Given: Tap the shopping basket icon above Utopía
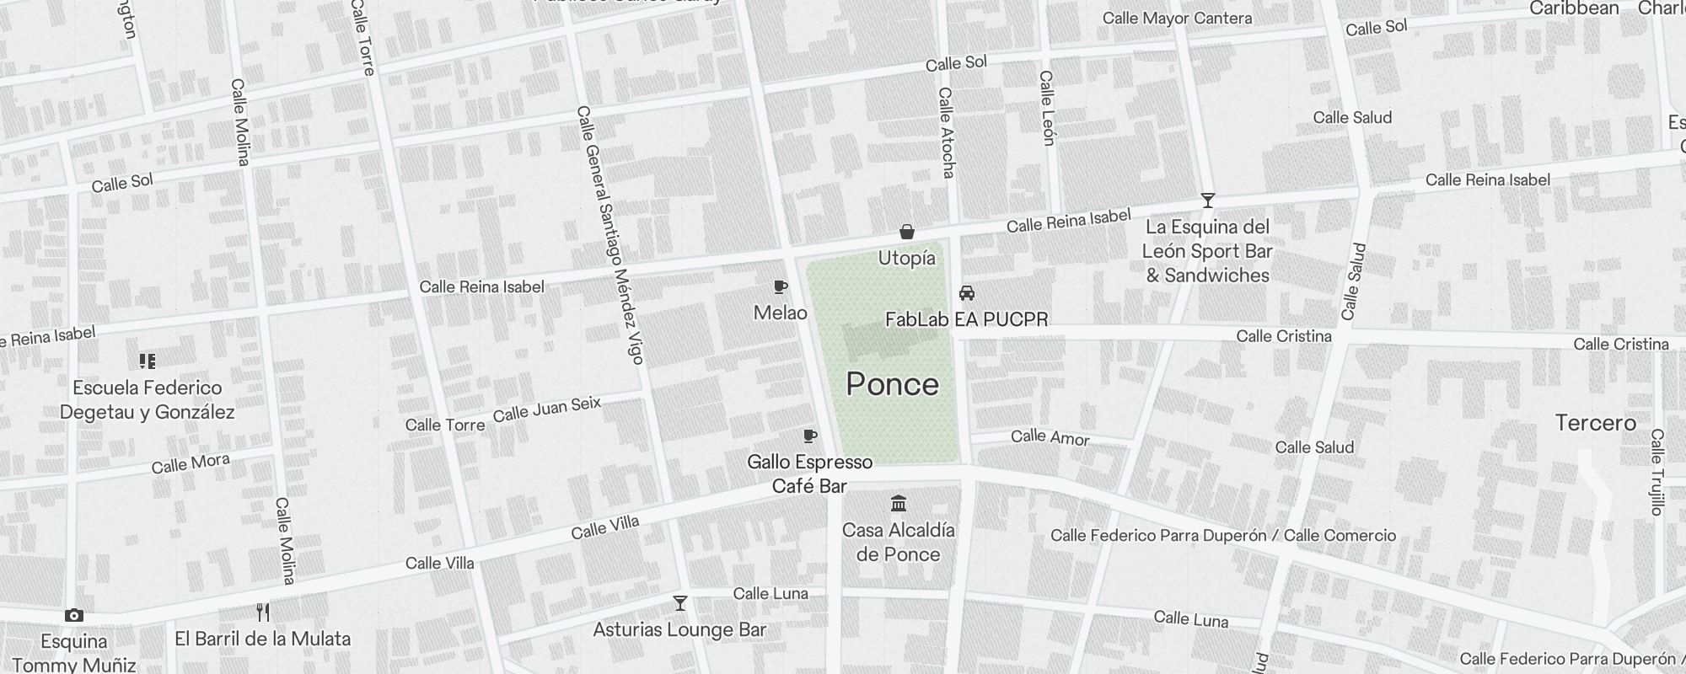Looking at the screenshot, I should click(x=907, y=232).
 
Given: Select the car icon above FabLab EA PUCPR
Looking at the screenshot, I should click(x=967, y=293).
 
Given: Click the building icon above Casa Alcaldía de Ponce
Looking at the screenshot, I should click(x=899, y=504).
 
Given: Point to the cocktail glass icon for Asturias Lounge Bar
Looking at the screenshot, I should click(x=679, y=603).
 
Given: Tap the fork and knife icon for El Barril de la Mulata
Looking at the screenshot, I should click(x=263, y=612).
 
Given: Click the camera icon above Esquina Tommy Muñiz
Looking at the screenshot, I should click(x=74, y=616).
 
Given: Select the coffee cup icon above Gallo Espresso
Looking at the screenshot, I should click(x=809, y=436).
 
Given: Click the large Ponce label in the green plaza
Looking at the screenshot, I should click(x=892, y=384).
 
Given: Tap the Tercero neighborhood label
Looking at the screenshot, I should click(x=1595, y=423).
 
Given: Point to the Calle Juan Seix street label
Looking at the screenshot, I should click(x=546, y=409).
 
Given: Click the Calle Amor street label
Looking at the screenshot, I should click(x=1050, y=436).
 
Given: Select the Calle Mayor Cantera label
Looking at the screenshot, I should click(x=1177, y=19).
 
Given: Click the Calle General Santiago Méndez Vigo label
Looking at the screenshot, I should click(x=610, y=236).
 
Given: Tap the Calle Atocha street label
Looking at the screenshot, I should click(x=946, y=132).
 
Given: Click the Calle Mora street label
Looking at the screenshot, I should click(x=191, y=463).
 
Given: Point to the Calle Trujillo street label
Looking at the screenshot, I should click(x=1656, y=472).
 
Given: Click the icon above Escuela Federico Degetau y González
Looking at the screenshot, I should click(x=148, y=361).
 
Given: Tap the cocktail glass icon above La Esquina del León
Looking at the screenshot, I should click(x=1207, y=201).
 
